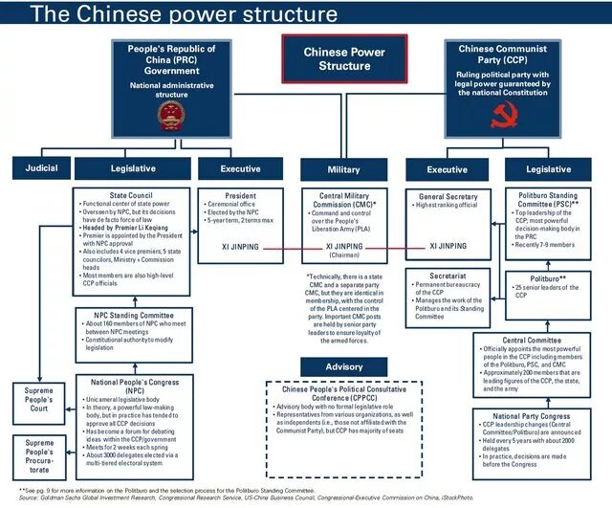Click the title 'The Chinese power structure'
[x=172, y=15]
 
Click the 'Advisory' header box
[x=344, y=367]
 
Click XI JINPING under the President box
[x=241, y=246]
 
